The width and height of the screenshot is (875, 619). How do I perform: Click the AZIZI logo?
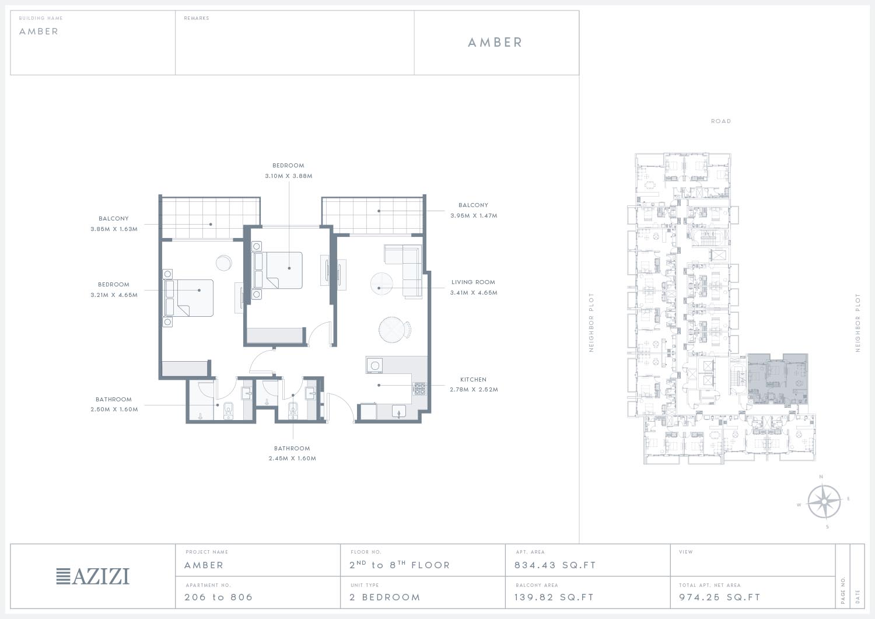point(93,576)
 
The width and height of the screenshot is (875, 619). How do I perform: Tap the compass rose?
point(824,501)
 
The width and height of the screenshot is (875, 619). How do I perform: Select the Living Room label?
point(473,282)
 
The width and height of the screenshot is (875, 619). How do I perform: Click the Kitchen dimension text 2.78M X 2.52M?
point(474,389)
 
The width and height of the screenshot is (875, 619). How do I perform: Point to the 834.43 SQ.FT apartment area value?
point(555,565)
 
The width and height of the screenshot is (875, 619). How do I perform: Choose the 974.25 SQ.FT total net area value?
point(719,597)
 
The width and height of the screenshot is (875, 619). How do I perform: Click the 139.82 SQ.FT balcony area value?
point(554,597)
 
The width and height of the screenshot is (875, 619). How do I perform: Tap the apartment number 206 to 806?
point(218,597)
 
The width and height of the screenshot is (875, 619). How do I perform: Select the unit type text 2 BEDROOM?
point(385,597)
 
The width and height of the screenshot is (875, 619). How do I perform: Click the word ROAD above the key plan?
point(720,121)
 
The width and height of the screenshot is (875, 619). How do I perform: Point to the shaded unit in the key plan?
point(778,379)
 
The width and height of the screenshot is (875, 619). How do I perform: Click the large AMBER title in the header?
point(495,42)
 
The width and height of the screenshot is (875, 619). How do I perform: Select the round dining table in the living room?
point(393,330)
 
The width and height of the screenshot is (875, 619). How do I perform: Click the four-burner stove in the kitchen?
point(419,389)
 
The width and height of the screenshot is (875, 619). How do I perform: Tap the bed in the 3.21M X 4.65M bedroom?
point(190,298)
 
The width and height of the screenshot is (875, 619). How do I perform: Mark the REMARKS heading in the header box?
point(197,18)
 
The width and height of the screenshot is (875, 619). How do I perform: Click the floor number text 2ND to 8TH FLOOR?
point(400,565)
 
